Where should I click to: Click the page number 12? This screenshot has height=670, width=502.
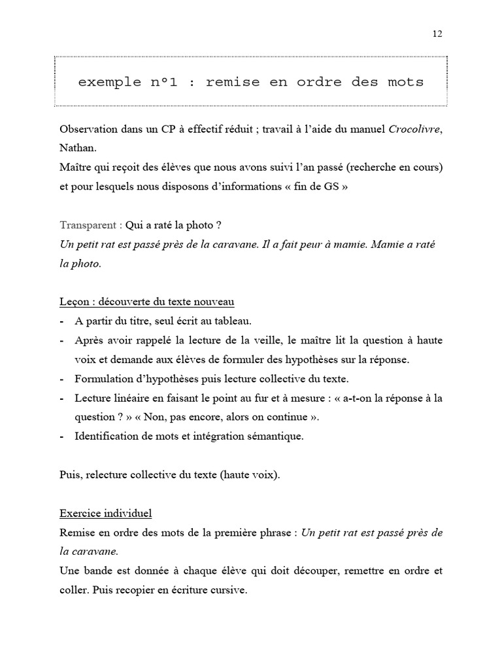[437, 35]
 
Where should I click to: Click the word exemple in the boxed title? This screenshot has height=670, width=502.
[109, 82]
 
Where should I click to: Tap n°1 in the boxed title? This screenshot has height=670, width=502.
[170, 82]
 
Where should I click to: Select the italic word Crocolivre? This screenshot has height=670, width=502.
[415, 129]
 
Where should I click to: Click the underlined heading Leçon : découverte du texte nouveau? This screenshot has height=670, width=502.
[147, 302]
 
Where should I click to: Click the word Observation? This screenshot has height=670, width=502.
[89, 129]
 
